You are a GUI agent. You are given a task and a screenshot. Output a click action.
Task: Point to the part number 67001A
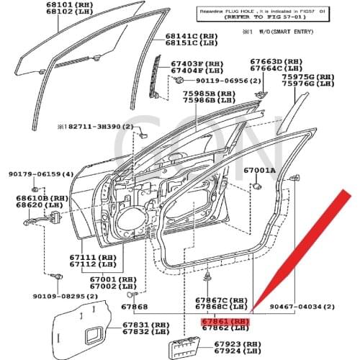(259, 171)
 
